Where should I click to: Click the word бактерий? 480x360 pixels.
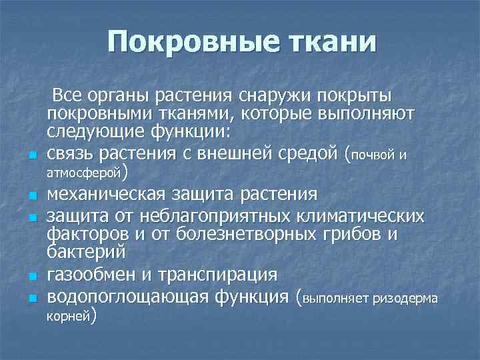coord(87,252)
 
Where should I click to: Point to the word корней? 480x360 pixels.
coord(69,317)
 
